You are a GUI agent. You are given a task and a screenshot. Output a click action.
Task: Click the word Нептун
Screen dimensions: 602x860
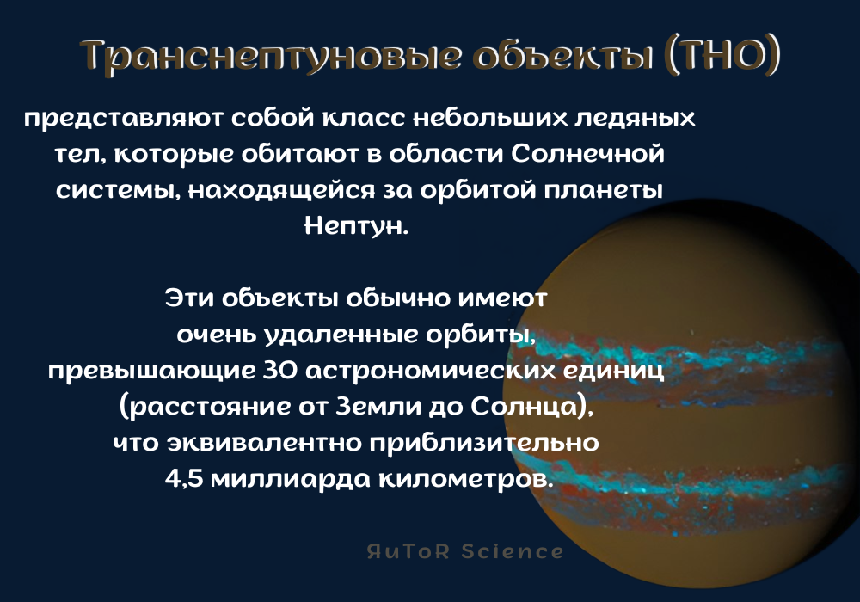pos(353,226)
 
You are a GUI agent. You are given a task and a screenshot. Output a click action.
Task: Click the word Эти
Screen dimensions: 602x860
pos(187,299)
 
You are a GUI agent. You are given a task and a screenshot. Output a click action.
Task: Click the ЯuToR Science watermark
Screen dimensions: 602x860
pos(465,551)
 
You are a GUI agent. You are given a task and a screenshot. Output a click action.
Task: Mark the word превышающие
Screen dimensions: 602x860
pos(147,372)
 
